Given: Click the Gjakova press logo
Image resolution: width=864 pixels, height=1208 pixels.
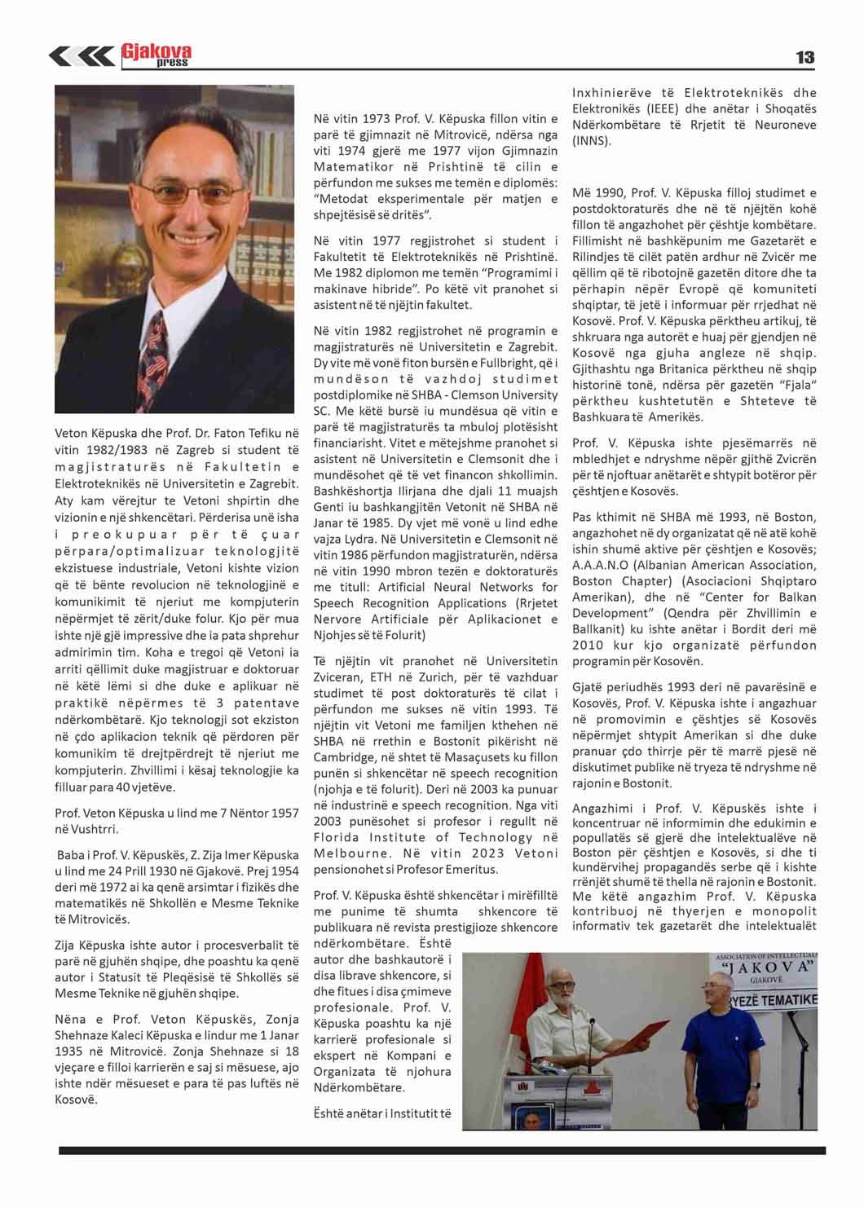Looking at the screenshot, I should (156, 55).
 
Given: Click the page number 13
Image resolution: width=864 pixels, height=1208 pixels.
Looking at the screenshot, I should (804, 57).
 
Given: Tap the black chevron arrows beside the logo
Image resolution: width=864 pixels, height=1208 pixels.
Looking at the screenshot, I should (81, 55).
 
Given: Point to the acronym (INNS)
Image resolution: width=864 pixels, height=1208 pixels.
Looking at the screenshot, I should (590, 141).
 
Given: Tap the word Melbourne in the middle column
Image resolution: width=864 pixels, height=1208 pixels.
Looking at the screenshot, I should (350, 853).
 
